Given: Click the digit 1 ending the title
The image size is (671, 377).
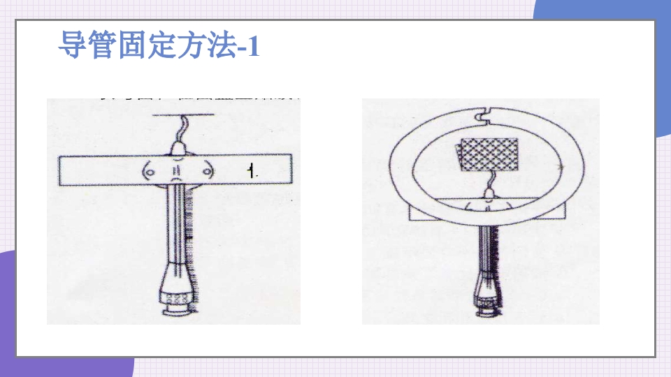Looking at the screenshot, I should pyautogui.click(x=253, y=47).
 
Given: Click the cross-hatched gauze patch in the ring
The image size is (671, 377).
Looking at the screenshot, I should pyautogui.click(x=489, y=154).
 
